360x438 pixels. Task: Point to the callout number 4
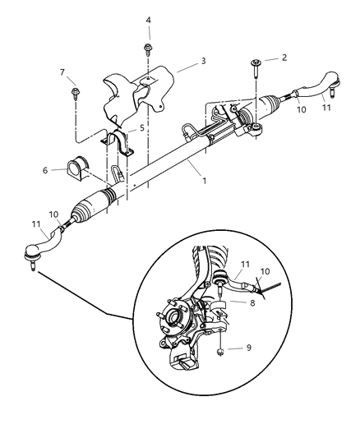148,20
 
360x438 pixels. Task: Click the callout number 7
62,72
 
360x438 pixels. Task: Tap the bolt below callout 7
75,90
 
